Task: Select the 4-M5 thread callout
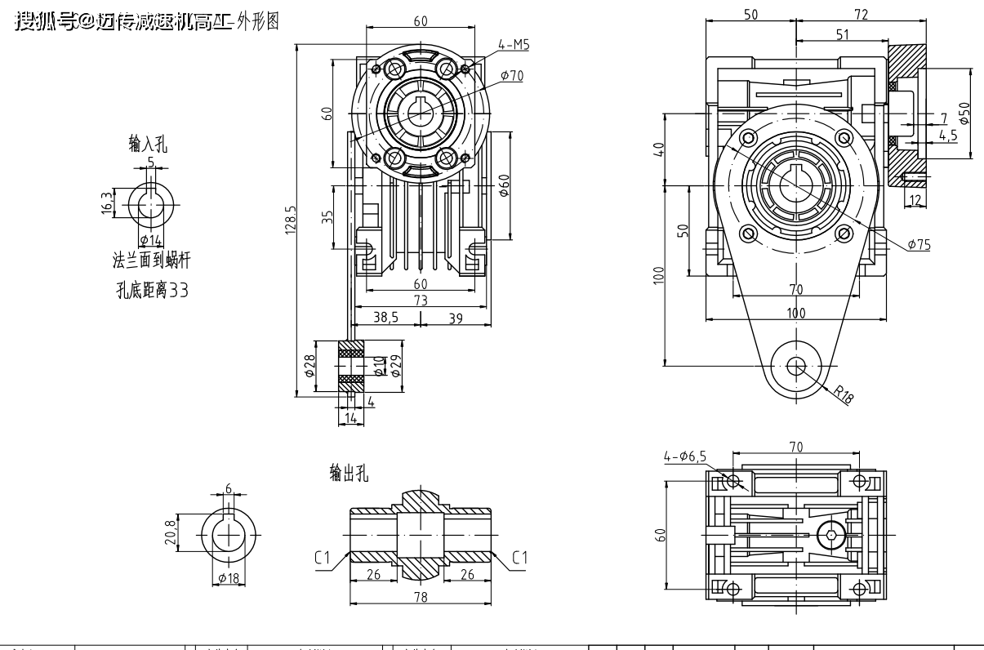[514, 46]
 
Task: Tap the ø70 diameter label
[512, 75]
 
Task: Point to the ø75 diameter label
[918, 244]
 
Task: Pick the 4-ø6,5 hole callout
[686, 456]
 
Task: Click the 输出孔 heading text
[349, 473]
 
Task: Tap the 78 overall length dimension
[421, 597]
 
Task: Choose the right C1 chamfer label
[520, 558]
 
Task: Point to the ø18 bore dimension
[229, 578]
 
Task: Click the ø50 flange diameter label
[964, 112]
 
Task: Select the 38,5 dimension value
[386, 318]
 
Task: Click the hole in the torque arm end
[795, 367]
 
